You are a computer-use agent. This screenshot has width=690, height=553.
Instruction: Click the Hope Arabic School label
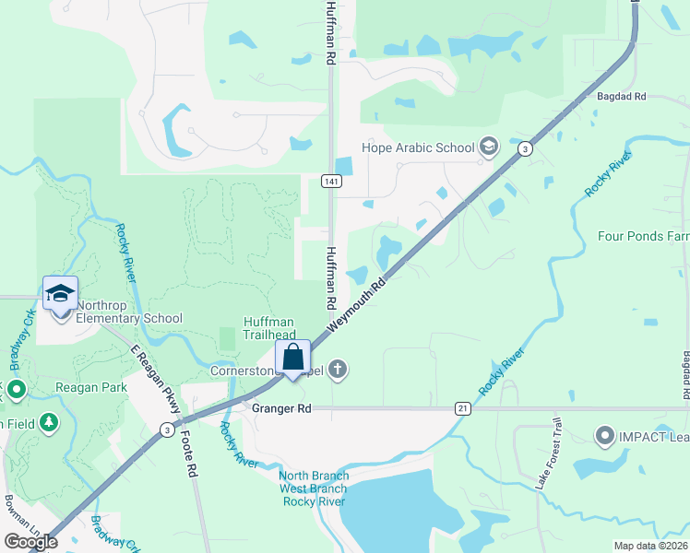tap(417, 147)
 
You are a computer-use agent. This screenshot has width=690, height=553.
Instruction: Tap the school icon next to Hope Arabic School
tap(488, 147)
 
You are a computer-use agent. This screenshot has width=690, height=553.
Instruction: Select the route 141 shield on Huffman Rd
tap(329, 182)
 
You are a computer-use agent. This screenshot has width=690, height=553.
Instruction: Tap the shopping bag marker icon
tap(293, 358)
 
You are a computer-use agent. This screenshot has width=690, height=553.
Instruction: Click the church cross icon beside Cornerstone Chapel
tap(338, 370)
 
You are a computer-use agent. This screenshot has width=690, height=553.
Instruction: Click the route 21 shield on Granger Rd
tap(463, 407)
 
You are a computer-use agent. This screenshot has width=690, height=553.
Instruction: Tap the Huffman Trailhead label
tap(268, 328)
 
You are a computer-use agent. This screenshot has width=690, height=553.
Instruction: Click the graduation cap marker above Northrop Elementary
tap(60, 293)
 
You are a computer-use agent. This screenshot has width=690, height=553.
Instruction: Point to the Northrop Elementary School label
tap(128, 312)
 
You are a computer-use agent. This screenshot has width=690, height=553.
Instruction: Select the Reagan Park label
tap(90, 388)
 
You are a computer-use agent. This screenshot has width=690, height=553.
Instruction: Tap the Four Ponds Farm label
tap(643, 236)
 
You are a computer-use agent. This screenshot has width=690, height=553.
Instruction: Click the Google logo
tap(30, 542)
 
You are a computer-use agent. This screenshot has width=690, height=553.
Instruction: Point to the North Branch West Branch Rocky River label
tap(313, 488)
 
